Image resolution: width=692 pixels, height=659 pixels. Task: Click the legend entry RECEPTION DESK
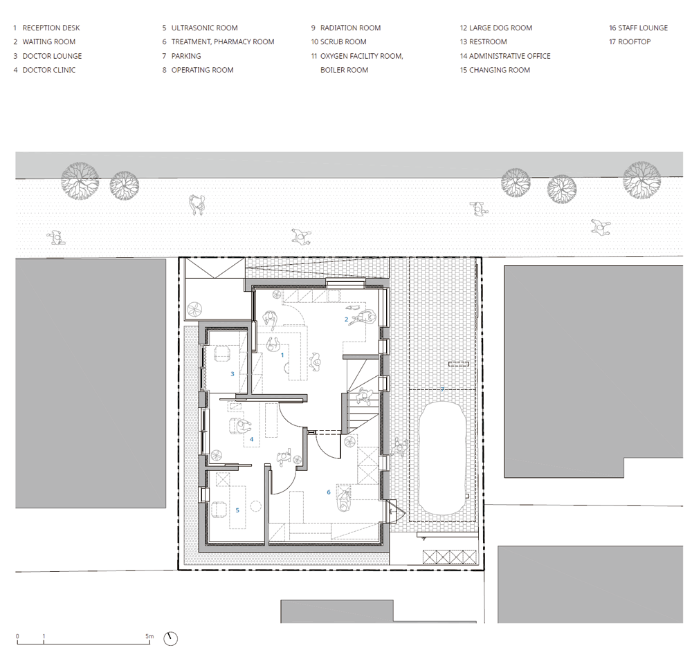click(51, 28)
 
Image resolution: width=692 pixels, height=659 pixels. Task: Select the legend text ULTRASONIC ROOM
click(204, 28)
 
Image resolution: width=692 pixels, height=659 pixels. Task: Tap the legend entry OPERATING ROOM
click(202, 70)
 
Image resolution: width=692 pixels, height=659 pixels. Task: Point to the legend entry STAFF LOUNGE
click(643, 28)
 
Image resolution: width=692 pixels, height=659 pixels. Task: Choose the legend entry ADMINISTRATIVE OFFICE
click(510, 56)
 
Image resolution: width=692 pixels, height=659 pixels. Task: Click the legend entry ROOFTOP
click(634, 42)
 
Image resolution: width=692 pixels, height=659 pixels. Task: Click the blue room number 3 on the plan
click(233, 374)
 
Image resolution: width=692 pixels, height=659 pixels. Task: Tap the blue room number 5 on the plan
click(237, 510)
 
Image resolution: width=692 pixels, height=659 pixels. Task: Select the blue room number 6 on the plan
click(328, 492)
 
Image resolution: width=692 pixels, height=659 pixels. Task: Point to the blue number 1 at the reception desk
click(282, 355)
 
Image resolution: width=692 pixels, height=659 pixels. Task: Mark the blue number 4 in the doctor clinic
click(252, 439)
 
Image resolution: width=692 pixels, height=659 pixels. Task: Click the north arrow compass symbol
click(170, 638)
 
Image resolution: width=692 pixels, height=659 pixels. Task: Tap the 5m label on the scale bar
click(149, 636)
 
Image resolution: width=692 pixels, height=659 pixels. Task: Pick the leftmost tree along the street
click(80, 181)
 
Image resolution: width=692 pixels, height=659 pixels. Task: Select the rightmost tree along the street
click(641, 180)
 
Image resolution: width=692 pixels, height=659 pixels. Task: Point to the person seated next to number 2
click(364, 318)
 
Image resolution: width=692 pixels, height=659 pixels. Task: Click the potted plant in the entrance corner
click(194, 309)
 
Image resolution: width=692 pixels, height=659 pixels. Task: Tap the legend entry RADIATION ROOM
click(350, 28)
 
